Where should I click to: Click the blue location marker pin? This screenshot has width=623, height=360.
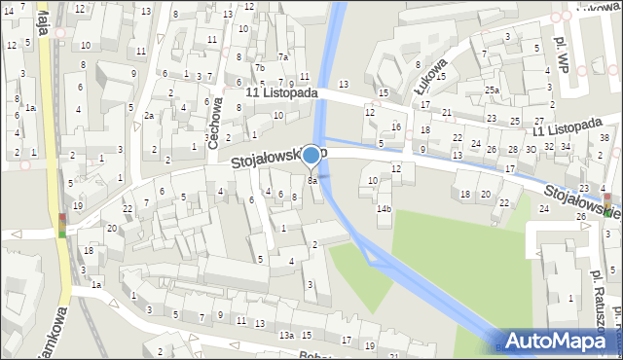[311, 156]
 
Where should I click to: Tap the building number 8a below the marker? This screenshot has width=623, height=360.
[312, 181]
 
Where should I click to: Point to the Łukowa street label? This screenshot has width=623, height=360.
[428, 76]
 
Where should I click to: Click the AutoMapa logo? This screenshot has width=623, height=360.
[561, 340]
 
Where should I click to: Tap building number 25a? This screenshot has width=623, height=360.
[493, 90]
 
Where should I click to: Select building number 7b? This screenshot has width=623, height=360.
[259, 67]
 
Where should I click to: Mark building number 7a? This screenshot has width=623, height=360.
[282, 56]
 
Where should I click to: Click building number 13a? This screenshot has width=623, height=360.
[286, 335]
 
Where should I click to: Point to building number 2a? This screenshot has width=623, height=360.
[149, 115]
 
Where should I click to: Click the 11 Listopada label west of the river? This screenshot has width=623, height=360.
[282, 92]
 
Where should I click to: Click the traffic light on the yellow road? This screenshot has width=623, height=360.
[63, 225]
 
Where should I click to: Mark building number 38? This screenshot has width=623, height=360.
[604, 138]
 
